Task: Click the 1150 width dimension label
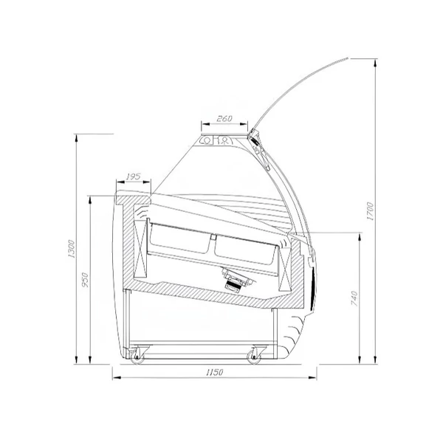(214, 372)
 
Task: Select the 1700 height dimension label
(370, 211)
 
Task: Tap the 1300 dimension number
(72, 249)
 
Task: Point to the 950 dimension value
(85, 280)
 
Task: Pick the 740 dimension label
(354, 298)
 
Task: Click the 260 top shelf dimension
(224, 119)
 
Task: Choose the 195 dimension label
(133, 177)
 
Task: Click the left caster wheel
(137, 357)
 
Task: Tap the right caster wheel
(254, 357)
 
